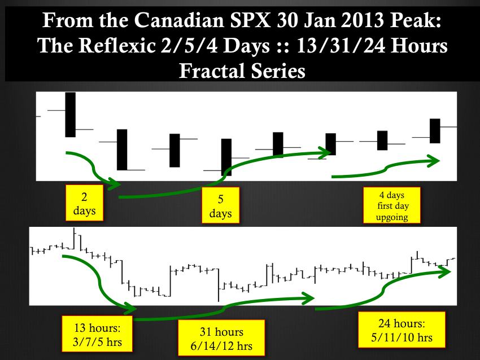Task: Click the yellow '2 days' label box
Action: tap(85, 203)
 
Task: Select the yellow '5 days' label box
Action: tap(220, 205)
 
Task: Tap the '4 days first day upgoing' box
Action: tap(392, 205)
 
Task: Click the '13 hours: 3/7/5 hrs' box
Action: tap(97, 333)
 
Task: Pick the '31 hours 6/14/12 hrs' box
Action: tap(221, 337)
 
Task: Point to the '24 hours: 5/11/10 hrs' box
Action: tap(402, 330)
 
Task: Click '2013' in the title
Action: tap(361, 20)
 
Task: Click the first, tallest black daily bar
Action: tap(71, 115)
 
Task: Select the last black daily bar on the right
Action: tap(435, 131)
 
